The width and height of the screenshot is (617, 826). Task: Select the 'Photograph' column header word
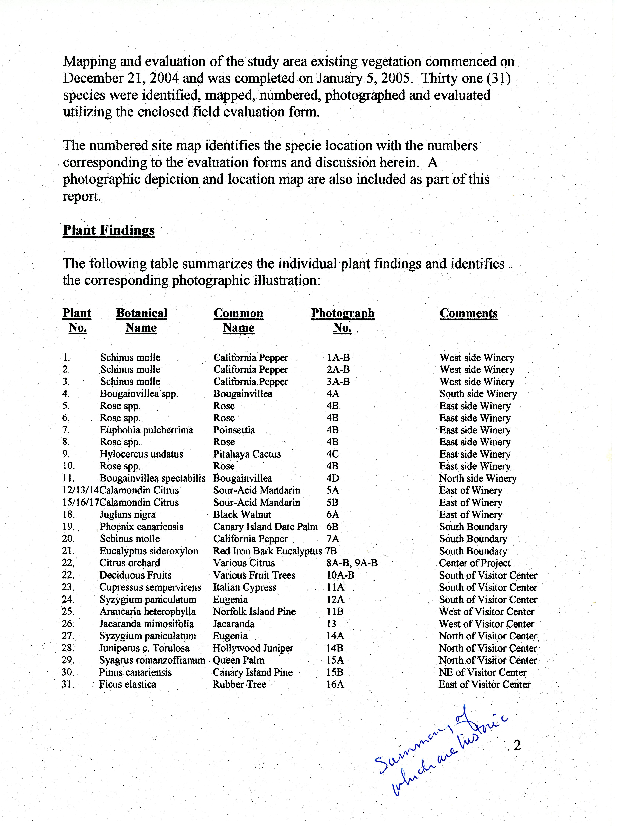342,313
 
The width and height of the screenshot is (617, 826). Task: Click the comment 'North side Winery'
478,478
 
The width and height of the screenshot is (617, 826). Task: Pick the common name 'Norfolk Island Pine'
254,612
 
